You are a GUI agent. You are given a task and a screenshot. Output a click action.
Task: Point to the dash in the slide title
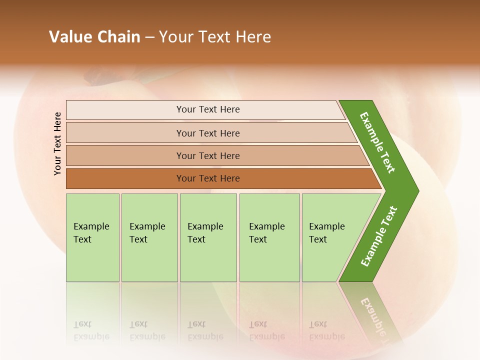(x=149, y=37)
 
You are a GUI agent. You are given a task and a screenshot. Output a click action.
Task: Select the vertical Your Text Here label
(x=57, y=143)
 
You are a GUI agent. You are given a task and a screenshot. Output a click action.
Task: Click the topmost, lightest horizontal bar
(x=205, y=109)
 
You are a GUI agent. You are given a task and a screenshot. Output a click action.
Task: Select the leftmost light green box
(x=92, y=237)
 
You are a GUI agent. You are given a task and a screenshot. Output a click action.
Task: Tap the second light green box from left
(x=149, y=237)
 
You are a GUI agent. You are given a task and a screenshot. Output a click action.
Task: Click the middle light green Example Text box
(x=208, y=237)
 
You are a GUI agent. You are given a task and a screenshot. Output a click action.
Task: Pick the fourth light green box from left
(x=269, y=237)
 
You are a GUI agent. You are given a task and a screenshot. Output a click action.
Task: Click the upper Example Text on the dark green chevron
(x=377, y=142)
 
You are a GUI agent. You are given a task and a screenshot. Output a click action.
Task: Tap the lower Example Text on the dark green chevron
(x=379, y=236)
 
